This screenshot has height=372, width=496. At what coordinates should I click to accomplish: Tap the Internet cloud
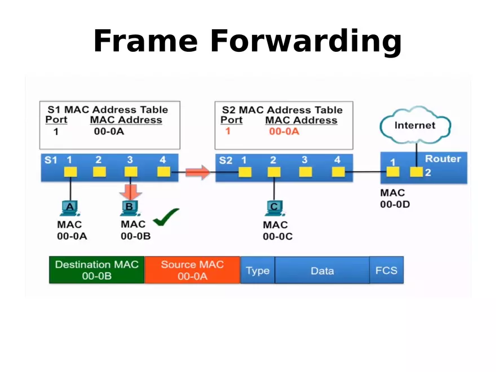pos(415,125)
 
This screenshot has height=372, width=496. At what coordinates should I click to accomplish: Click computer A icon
pos(70,208)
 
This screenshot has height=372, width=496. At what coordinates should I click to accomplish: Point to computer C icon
pos(274,208)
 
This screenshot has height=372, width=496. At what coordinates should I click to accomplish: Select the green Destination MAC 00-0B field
pos(96,270)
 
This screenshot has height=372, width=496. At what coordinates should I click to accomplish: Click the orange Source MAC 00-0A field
pos(192,270)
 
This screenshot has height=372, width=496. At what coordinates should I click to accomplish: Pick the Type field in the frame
pos(258,271)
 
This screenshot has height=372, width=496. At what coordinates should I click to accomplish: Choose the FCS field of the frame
pos(386,271)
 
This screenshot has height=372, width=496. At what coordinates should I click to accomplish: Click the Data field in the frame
pos(322,271)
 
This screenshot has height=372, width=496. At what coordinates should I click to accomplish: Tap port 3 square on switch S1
pos(131,172)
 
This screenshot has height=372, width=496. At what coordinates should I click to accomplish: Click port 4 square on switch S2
pos(338,172)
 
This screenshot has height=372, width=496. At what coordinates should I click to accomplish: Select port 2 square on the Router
pos(416,172)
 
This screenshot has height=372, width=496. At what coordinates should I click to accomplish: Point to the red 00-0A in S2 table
pos(284,131)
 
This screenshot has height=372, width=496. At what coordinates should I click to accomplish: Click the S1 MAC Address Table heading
pos(107,109)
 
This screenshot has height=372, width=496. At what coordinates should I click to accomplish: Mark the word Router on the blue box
pos(442,159)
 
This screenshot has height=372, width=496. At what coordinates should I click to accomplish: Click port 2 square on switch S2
pos(273,172)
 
